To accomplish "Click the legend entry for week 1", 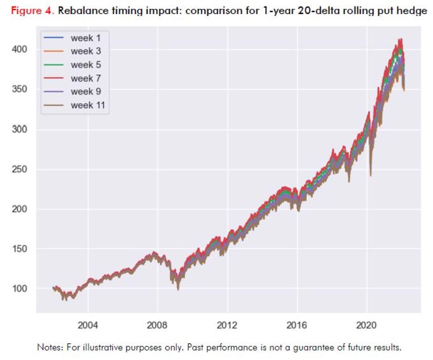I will (85, 38).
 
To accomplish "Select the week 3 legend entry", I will (85, 51).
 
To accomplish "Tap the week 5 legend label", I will (85, 65).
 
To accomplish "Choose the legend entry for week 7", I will (85, 78).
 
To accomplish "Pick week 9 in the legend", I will (85, 91).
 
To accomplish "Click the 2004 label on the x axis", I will (88, 326).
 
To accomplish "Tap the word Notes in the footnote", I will (48, 347).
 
